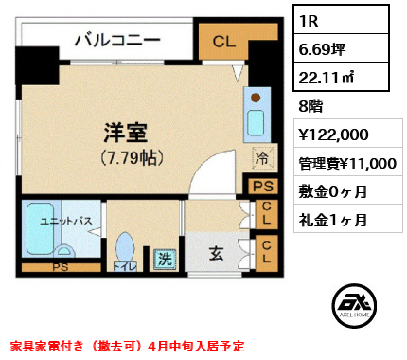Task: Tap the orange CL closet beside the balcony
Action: point(223,42)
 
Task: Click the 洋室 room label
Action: point(125,134)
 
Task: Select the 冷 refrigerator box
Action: point(258,159)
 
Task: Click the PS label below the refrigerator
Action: point(261,187)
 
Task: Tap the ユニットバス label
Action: point(65,222)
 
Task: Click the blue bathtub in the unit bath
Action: point(39,233)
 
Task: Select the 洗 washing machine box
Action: point(164,256)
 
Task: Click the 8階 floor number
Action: point(310,107)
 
